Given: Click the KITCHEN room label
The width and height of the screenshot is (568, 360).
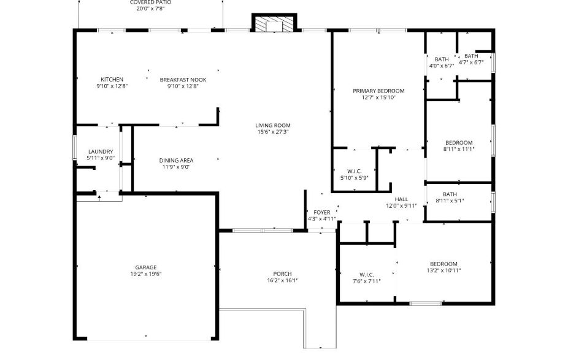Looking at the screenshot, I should tap(112, 79).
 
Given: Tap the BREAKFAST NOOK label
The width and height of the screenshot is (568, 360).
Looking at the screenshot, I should tap(183, 79).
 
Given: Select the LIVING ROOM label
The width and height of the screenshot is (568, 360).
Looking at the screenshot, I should tap(273, 125).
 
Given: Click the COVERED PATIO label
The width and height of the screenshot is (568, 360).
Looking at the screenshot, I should tap(150, 2).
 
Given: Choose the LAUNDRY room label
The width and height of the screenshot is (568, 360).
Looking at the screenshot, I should tap(101, 151).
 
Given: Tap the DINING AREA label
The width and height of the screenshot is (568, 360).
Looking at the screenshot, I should tap(177, 160).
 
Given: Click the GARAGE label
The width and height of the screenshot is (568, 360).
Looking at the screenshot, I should tap(146, 267).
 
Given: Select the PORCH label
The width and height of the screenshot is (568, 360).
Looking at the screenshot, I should tap(282, 274).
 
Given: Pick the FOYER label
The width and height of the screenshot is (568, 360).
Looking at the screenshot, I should tap(322, 212).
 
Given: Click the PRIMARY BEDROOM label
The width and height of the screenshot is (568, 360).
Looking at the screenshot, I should tap(378, 91).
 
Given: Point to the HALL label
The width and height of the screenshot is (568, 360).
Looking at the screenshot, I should tap(401, 199).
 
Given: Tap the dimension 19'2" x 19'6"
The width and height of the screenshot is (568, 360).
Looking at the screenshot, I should tap(146, 274).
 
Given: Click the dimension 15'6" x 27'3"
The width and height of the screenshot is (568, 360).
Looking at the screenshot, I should tap(273, 132).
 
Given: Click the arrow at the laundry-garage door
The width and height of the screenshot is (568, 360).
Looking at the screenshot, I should tap(99, 197).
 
